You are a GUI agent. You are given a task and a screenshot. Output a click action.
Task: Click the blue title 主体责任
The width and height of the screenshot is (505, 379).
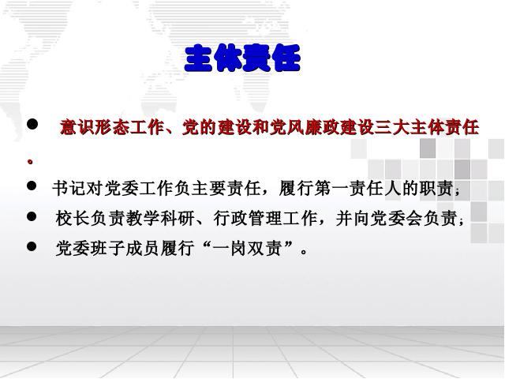(x=243, y=58)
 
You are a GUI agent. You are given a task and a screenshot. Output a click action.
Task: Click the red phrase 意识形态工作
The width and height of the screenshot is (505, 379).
(x=112, y=127)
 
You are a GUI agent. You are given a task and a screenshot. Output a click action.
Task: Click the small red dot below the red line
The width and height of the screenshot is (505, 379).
(x=30, y=162)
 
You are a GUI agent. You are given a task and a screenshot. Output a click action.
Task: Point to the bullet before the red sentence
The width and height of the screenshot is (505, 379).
(x=32, y=124)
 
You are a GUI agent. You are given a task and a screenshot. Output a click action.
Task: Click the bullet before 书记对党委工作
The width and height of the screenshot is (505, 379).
(x=32, y=186)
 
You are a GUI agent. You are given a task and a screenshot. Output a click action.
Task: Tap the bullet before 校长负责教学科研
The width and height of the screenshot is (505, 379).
(x=32, y=216)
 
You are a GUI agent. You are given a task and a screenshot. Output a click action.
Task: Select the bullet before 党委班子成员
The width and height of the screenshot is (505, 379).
(x=32, y=247)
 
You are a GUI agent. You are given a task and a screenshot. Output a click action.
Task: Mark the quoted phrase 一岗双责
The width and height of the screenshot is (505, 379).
(x=247, y=249)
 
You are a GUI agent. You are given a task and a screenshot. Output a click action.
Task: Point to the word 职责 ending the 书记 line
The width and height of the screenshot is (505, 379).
(x=436, y=188)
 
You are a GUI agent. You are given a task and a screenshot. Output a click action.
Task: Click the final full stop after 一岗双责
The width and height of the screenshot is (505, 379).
(x=303, y=252)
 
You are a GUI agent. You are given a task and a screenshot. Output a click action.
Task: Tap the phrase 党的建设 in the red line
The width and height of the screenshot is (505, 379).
(x=217, y=127)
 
